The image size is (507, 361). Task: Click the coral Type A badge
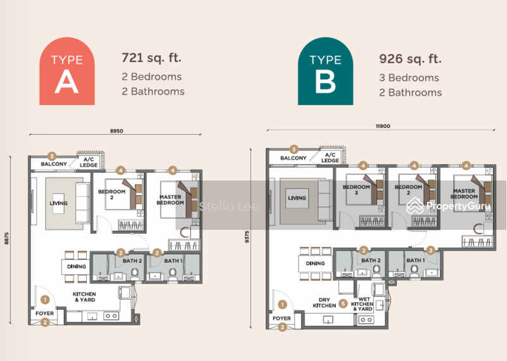[x=67, y=71]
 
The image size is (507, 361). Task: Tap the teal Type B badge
[x=325, y=71]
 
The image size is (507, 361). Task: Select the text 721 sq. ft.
[x=151, y=58]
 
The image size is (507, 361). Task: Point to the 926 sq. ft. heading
[x=410, y=59]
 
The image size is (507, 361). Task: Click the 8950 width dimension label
[x=117, y=131]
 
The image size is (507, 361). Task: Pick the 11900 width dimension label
[x=383, y=126]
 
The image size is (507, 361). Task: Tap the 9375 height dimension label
[x=247, y=237]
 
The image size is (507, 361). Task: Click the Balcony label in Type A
[x=54, y=164]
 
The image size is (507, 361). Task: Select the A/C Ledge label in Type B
[x=330, y=158]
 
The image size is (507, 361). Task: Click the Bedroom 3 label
[x=356, y=190]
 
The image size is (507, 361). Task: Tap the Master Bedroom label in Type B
[x=464, y=194]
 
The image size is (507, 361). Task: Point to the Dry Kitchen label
[x=324, y=303]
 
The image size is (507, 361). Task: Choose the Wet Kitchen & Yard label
[x=362, y=304]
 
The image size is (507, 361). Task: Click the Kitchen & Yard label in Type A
[x=84, y=296]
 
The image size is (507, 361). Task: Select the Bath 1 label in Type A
[x=173, y=260]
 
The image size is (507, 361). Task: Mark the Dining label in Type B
[x=315, y=263]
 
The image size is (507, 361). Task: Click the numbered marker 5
[x=343, y=303]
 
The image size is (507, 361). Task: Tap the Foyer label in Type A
[x=44, y=313]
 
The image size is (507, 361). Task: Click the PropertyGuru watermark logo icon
[x=415, y=206]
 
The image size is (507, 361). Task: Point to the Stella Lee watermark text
[x=229, y=206]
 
